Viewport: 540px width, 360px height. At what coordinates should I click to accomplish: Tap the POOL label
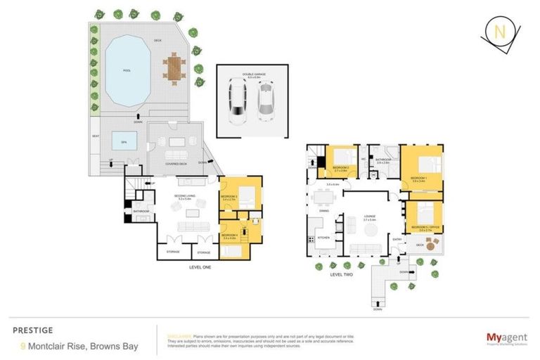point(127,70)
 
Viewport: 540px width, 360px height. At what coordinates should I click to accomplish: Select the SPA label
point(124,141)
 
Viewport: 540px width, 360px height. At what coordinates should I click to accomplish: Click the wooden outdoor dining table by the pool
point(173,68)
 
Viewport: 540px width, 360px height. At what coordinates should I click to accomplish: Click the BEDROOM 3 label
point(230,197)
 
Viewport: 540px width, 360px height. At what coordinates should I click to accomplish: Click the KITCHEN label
point(323,238)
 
